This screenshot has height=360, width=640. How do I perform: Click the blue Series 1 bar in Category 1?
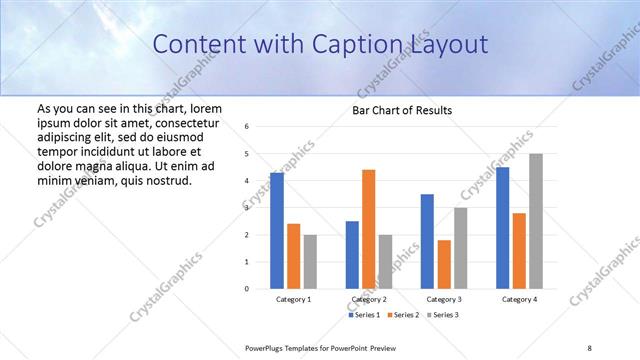277,230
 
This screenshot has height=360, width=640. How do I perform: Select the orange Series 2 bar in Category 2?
369,229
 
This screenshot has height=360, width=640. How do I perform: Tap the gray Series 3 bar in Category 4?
536,221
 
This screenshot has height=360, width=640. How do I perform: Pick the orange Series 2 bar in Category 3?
444,264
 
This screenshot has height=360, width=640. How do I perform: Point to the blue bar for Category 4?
503,228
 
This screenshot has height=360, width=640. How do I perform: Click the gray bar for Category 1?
310,262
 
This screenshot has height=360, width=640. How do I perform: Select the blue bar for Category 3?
427,241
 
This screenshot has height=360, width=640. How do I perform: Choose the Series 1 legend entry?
364,315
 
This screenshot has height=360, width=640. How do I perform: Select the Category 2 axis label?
370,299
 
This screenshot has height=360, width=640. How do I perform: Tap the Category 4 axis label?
519,299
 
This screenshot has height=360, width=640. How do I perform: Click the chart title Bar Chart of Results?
402,110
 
